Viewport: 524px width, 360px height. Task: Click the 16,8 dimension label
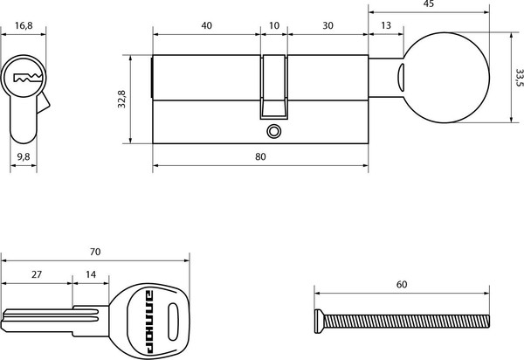click(24, 25)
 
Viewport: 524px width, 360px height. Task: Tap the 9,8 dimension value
click(24, 156)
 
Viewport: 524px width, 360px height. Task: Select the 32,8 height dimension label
click(121, 99)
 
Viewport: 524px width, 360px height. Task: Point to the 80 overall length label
click(260, 156)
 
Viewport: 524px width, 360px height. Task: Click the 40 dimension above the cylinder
click(206, 25)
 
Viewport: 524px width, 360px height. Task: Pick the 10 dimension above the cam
click(274, 25)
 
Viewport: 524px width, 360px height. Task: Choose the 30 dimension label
click(327, 25)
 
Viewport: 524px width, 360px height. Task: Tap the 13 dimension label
click(386, 25)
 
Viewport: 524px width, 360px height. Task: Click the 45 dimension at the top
click(429, 3)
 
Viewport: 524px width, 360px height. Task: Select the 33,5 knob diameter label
click(519, 78)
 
